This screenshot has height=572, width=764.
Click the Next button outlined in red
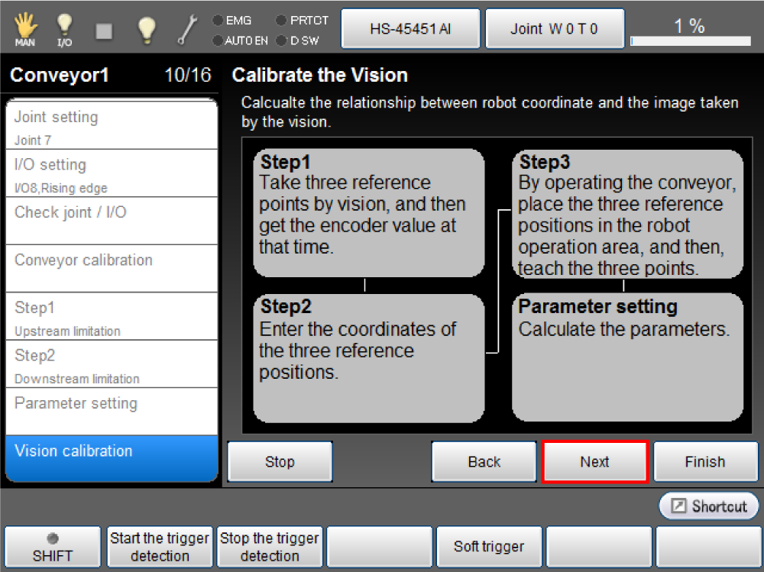pyautogui.click(x=594, y=461)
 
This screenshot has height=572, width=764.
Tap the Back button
pyautogui.click(x=484, y=461)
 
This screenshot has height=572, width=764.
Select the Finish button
pyautogui.click(x=705, y=461)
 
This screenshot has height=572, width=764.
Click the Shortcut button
pyautogui.click(x=709, y=506)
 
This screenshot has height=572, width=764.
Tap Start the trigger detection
pyautogui.click(x=160, y=547)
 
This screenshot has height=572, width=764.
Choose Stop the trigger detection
pyautogui.click(x=270, y=547)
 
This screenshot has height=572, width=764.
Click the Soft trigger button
pyautogui.click(x=489, y=547)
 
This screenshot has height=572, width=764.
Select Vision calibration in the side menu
pyautogui.click(x=112, y=458)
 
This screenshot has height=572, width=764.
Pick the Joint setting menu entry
pyautogui.click(x=112, y=124)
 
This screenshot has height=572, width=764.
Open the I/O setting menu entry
pyautogui.click(x=112, y=173)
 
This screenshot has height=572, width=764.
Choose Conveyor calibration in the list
pyautogui.click(x=112, y=269)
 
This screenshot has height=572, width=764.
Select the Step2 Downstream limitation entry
pyautogui.click(x=112, y=364)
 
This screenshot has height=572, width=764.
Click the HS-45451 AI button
pyautogui.click(x=410, y=29)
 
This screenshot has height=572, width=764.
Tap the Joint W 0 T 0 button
pyautogui.click(x=555, y=29)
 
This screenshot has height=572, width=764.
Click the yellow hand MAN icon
pyautogui.click(x=25, y=29)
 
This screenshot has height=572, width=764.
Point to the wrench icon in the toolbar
pyautogui.click(x=187, y=29)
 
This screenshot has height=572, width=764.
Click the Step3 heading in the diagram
pyautogui.click(x=544, y=162)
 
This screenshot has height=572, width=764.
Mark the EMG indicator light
pyautogui.click(x=218, y=21)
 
